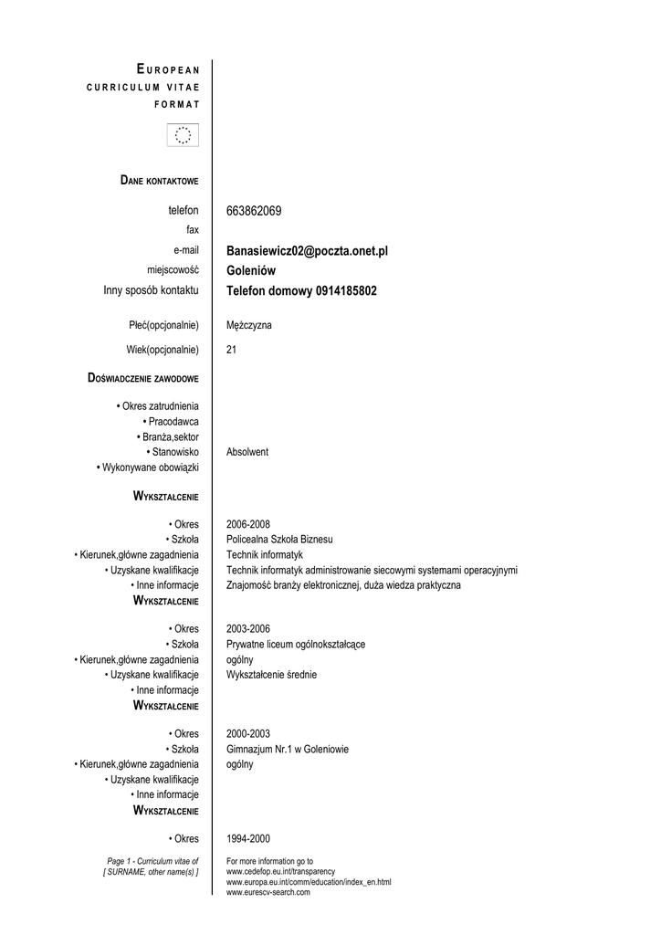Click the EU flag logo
pyautogui.click(x=183, y=135)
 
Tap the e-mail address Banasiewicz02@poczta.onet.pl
pyautogui.click(x=307, y=250)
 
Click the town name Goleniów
pyautogui.click(x=251, y=270)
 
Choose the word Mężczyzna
pyautogui.click(x=248, y=325)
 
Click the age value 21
pyautogui.click(x=231, y=349)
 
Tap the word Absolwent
pyautogui.click(x=247, y=452)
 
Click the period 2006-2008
pyautogui.click(x=247, y=524)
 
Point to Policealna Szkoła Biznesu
pyautogui.click(x=279, y=540)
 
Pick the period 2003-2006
pyautogui.click(x=247, y=629)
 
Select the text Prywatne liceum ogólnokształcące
pyautogui.click(x=296, y=645)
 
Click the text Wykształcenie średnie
pyautogui.click(x=271, y=675)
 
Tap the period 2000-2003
pyautogui.click(x=247, y=733)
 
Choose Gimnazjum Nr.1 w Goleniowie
pyautogui.click(x=287, y=749)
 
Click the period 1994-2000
pyautogui.click(x=247, y=839)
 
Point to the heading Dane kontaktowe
pyautogui.click(x=159, y=180)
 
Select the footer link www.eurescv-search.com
pyautogui.click(x=268, y=892)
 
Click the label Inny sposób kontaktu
pyautogui.click(x=151, y=290)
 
